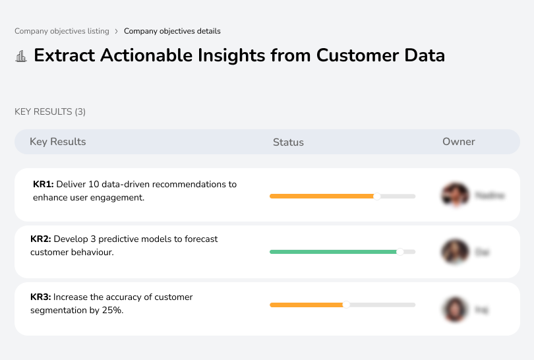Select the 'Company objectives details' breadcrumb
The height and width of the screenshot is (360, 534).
coord(172,31)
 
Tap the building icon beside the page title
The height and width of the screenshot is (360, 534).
coord(21,56)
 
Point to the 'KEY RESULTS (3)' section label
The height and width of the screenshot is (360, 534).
coord(50,112)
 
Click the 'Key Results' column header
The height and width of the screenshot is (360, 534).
coord(57,142)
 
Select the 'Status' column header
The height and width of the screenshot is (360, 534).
coord(288,142)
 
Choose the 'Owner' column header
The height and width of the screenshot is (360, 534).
coord(459,142)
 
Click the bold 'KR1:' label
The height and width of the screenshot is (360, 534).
coord(43,185)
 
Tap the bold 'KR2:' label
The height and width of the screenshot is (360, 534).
coord(41,239)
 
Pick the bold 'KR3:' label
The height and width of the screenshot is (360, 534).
coord(41,297)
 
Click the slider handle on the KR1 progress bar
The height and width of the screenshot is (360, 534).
coord(377,196)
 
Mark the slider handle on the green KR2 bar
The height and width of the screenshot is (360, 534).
coord(400,252)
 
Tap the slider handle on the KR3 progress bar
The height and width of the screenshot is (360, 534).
coord(346,305)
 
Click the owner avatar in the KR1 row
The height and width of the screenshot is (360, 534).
coord(454,195)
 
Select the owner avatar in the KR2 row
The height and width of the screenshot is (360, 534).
coord(454,252)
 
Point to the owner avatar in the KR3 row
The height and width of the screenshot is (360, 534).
coord(454,309)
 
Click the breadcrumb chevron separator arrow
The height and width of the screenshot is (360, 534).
coord(116,31)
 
